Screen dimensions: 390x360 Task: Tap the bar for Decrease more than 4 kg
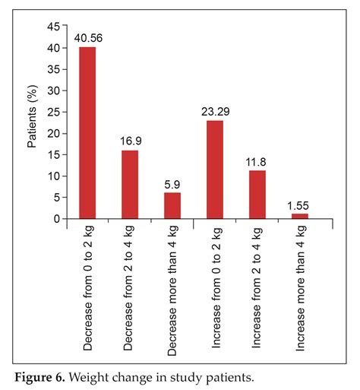click(172, 206)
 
